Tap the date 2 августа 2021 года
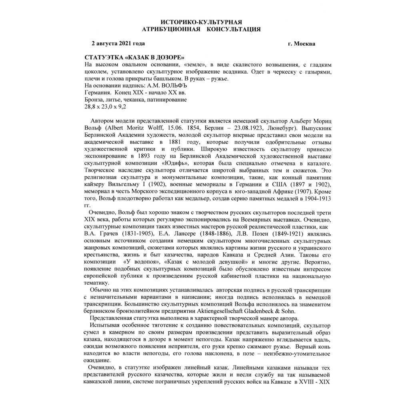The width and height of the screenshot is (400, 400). click(118, 43)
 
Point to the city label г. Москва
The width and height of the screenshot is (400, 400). click(301, 43)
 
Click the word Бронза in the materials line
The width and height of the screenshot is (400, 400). click(96, 99)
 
